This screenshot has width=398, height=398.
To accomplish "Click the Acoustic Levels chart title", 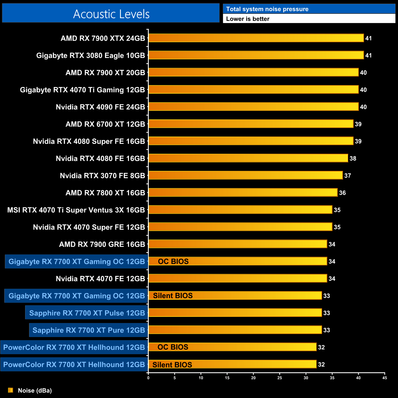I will [111, 14].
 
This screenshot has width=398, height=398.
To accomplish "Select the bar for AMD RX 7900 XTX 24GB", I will [256, 38].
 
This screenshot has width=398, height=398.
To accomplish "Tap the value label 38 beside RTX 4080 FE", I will [353, 159].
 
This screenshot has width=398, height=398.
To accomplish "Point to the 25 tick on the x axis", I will [280, 378].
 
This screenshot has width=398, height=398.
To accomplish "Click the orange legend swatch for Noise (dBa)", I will [10, 390].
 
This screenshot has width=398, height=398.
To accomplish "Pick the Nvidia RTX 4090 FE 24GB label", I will [100, 107].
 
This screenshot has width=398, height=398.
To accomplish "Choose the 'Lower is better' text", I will [248, 19].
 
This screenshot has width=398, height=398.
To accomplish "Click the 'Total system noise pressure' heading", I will [267, 9].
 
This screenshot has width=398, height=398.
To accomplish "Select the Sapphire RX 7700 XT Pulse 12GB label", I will [87, 313].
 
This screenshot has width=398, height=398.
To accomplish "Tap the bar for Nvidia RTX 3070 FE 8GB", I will [245, 175].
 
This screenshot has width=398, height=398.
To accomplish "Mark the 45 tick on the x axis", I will [385, 378].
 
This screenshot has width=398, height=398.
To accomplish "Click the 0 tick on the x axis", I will [148, 378].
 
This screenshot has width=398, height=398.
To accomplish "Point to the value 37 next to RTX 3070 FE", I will [347, 176].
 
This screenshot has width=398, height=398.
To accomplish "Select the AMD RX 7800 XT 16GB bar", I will [243, 193].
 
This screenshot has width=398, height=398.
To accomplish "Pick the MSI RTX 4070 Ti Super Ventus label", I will [76, 210].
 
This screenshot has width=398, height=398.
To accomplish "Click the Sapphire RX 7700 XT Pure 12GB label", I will [88, 330].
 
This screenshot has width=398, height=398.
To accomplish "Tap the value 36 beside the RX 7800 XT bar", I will [342, 193].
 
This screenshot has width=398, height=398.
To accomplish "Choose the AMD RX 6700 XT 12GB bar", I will [251, 124].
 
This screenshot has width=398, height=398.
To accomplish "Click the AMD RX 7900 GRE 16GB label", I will [102, 244].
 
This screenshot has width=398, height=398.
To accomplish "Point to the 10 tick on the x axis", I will [201, 378].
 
